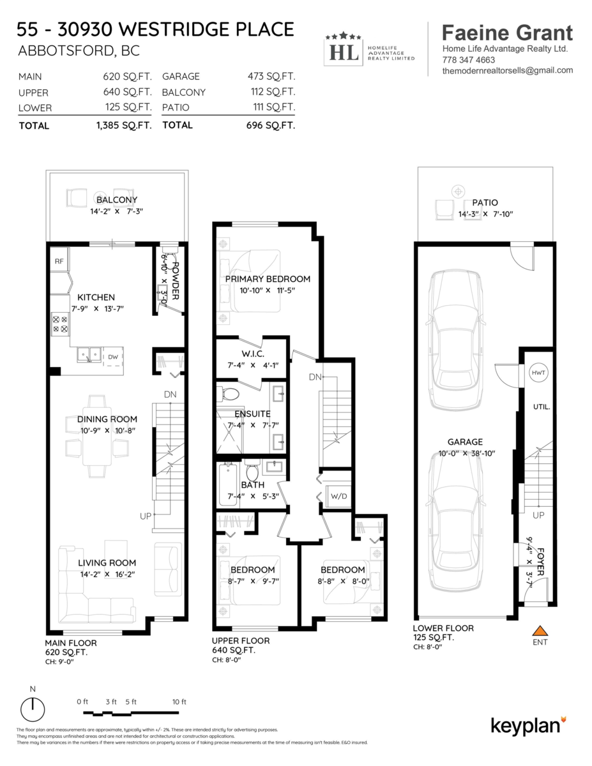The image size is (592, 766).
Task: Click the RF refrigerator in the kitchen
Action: [x=58, y=260]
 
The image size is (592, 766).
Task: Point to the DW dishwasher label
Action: [x=112, y=356]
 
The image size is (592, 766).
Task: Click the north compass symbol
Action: [x=33, y=708]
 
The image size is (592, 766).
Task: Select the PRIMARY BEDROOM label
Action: [x=268, y=279]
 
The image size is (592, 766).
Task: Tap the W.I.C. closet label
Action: [x=254, y=354]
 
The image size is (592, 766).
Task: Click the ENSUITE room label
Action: [x=252, y=414]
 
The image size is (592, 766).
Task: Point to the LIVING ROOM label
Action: [x=107, y=563]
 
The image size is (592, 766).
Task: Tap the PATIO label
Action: [x=485, y=203]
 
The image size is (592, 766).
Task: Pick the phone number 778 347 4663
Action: [x=468, y=60]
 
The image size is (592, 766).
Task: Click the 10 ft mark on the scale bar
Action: [x=179, y=702]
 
